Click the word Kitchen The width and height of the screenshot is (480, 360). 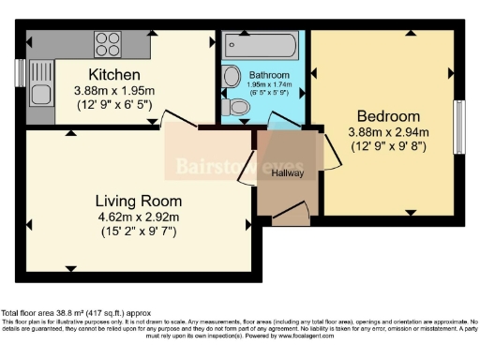pyautogui.click(x=114, y=74)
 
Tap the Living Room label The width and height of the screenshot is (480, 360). pyautogui.click(x=138, y=201)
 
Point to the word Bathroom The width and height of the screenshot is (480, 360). pyautogui.click(x=270, y=74)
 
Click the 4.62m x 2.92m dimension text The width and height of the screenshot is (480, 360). pyautogui.click(x=138, y=217)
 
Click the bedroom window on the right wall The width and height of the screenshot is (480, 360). pyautogui.click(x=459, y=126)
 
